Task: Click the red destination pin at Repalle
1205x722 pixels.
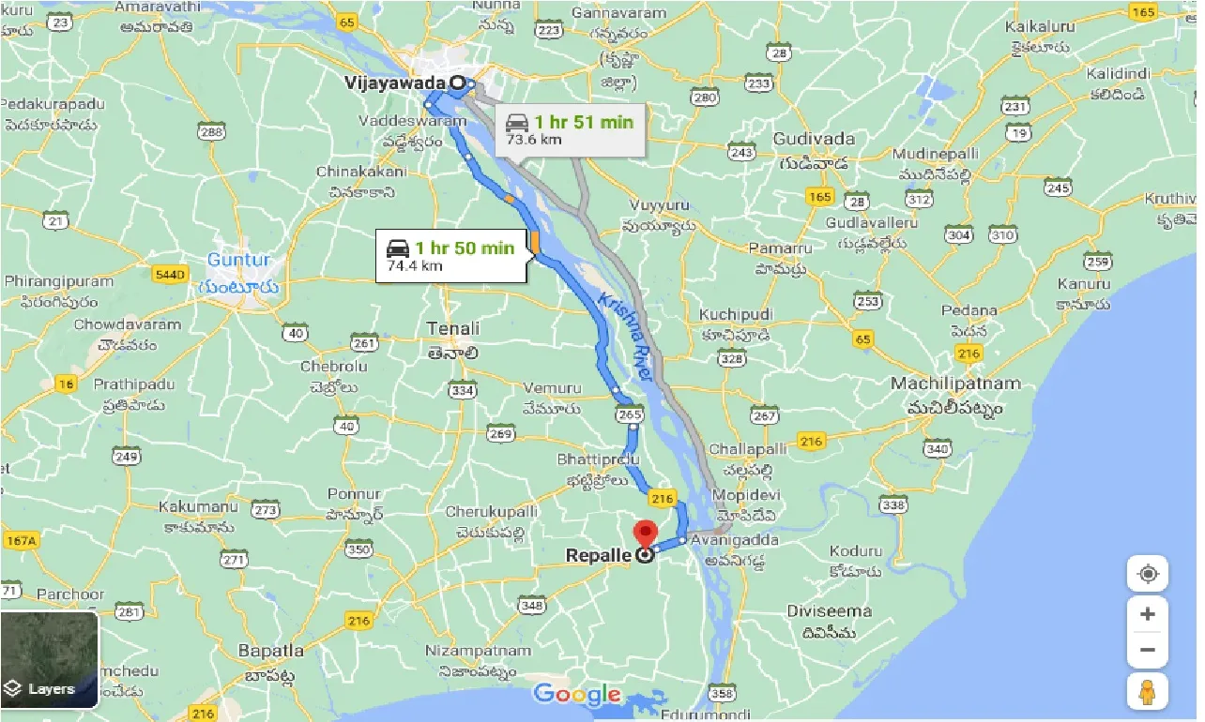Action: (645, 534)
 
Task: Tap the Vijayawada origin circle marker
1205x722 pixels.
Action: (458, 83)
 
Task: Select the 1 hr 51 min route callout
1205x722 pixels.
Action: (570, 129)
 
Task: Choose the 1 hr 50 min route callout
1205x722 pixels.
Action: (450, 255)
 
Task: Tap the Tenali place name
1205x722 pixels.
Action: (453, 329)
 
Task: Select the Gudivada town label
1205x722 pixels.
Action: (814, 140)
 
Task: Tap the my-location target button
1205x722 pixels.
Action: (1148, 574)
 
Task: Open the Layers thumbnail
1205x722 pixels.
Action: (49, 660)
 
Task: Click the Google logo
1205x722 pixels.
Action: (577, 695)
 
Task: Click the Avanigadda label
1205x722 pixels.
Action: (724, 542)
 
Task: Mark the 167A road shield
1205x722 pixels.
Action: (19, 540)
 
